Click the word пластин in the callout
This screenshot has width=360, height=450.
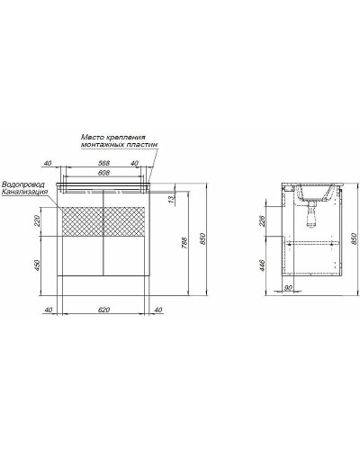(136, 147)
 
